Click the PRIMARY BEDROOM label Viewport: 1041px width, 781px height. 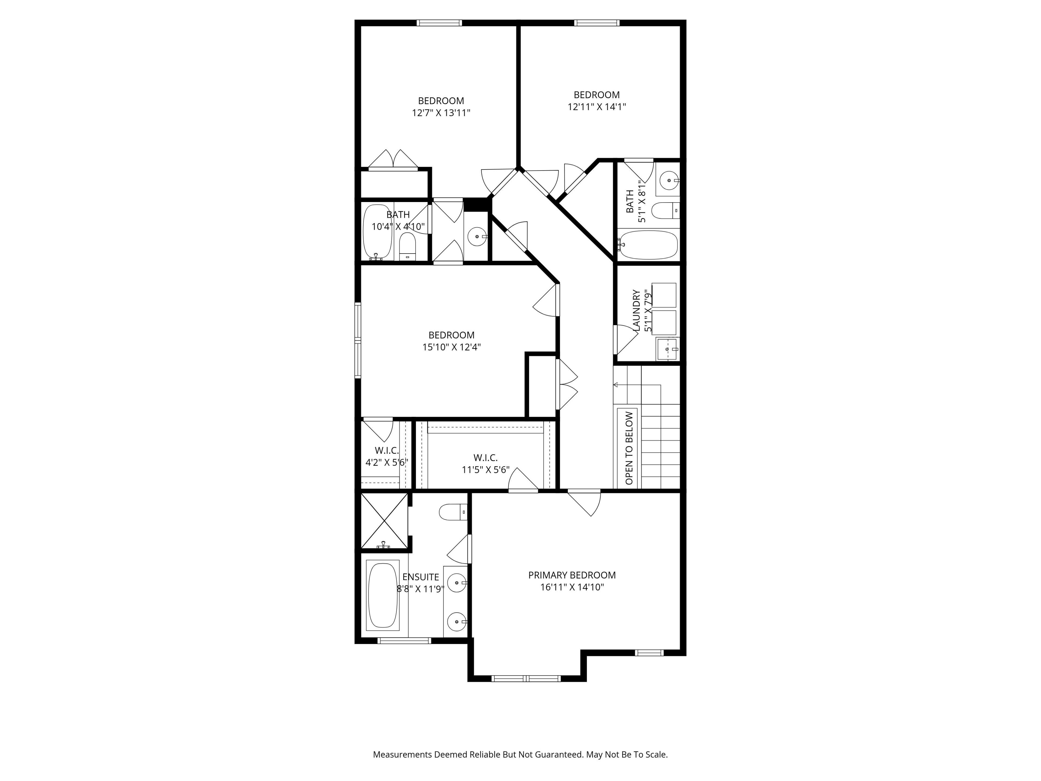coord(572,575)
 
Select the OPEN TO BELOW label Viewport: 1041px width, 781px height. coord(629,448)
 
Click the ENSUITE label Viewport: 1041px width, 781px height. coord(421,577)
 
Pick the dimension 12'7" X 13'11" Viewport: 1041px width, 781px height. coord(441,113)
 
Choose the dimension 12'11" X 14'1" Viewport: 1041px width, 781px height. coord(597,107)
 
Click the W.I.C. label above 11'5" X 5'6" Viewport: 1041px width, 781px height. coord(485,457)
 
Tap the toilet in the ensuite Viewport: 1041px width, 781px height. coord(453,512)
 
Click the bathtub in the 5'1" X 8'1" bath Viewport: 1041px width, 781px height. coord(648,245)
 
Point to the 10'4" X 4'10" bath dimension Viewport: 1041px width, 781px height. coord(398,227)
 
